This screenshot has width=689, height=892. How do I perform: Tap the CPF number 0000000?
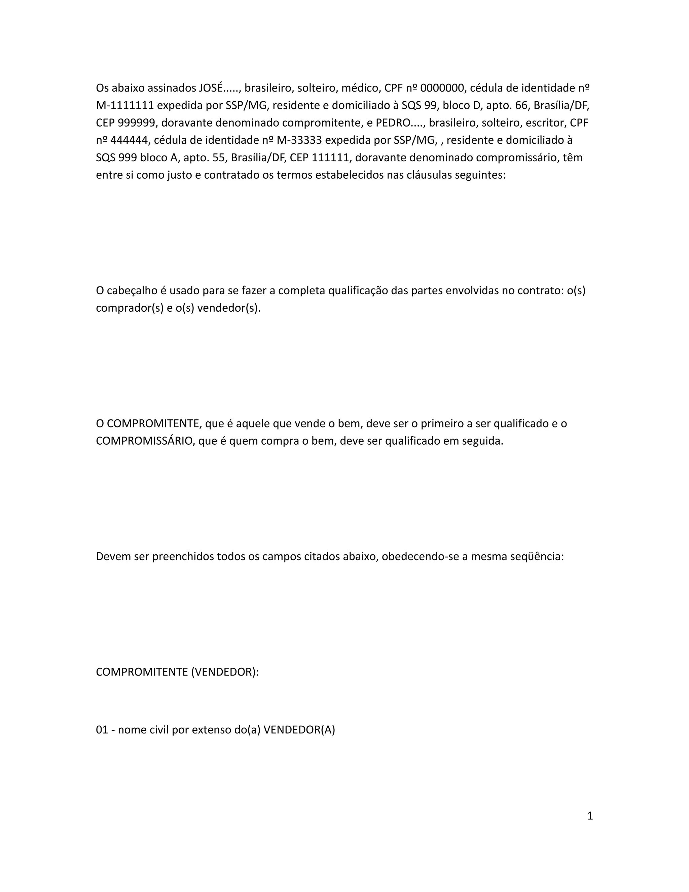click(442, 88)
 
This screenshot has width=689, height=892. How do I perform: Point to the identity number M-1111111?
click(125, 105)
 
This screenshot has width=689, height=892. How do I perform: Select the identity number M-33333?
click(299, 140)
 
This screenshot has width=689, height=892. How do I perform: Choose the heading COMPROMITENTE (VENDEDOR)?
click(178, 672)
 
